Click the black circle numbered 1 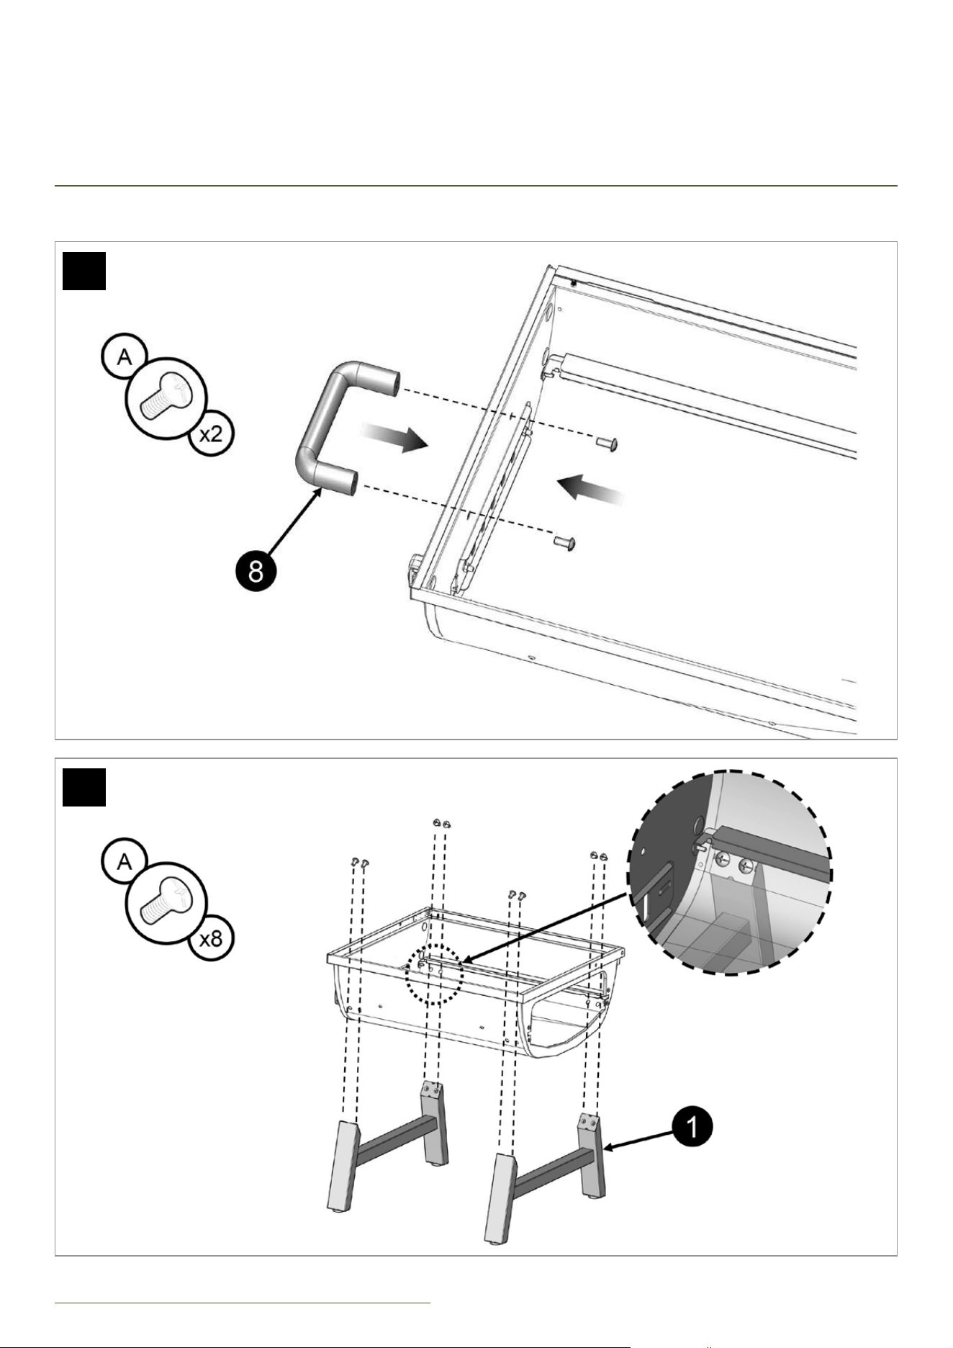(x=692, y=1127)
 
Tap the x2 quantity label (x=211, y=436)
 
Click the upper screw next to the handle (x=607, y=444)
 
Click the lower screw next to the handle (x=565, y=541)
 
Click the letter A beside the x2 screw (x=125, y=356)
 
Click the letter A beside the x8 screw (x=125, y=861)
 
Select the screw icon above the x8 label (x=166, y=900)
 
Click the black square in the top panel (x=84, y=271)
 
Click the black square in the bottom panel (x=84, y=788)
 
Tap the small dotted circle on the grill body (x=433, y=975)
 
